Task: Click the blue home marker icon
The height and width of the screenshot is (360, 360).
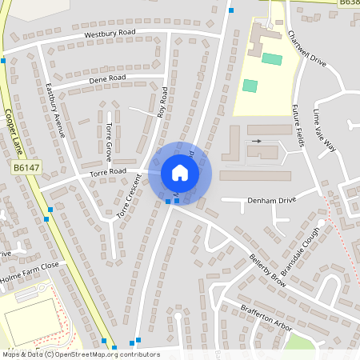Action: pyautogui.click(x=180, y=172)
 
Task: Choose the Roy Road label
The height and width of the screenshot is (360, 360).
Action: pyautogui.click(x=162, y=102)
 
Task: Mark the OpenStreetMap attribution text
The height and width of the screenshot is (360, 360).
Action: pyautogui.click(x=80, y=354)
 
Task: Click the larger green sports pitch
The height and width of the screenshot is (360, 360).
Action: pyautogui.click(x=272, y=59)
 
